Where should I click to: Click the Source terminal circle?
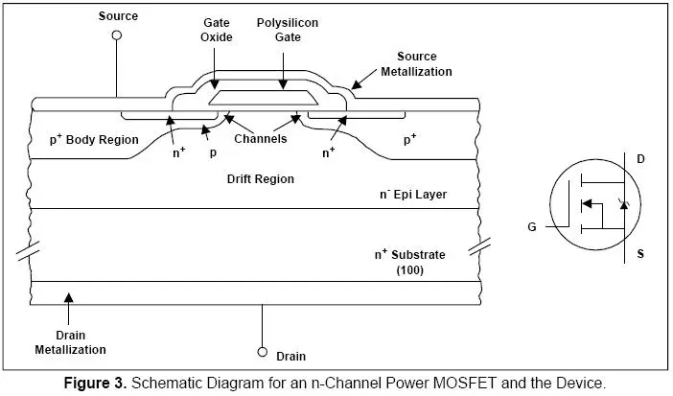pyautogui.click(x=117, y=35)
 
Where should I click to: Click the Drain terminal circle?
pyautogui.click(x=263, y=352)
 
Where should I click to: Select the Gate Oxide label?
pyautogui.click(x=217, y=30)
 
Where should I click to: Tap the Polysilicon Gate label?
pyautogui.click(x=288, y=30)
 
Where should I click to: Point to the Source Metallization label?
pyautogui.click(x=416, y=64)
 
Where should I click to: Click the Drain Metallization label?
pyautogui.click(x=70, y=342)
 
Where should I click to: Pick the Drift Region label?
pyautogui.click(x=261, y=178)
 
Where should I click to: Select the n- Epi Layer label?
pyautogui.click(x=413, y=194)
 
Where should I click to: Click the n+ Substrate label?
pyautogui.click(x=410, y=254)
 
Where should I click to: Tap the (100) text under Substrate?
pyautogui.click(x=410, y=270)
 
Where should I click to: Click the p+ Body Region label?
pyautogui.click(x=94, y=139)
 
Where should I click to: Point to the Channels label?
pyautogui.click(x=261, y=138)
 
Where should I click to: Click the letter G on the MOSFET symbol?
pyautogui.click(x=532, y=227)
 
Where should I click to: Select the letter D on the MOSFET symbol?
pyautogui.click(x=640, y=159)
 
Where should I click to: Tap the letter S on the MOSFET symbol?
pyautogui.click(x=640, y=253)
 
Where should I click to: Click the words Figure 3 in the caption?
pyautogui.click(x=95, y=383)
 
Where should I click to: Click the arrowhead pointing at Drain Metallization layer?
pyautogui.click(x=69, y=297)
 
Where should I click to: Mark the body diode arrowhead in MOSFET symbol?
pyautogui.click(x=624, y=205)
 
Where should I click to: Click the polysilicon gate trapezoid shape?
pyautogui.click(x=264, y=98)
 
